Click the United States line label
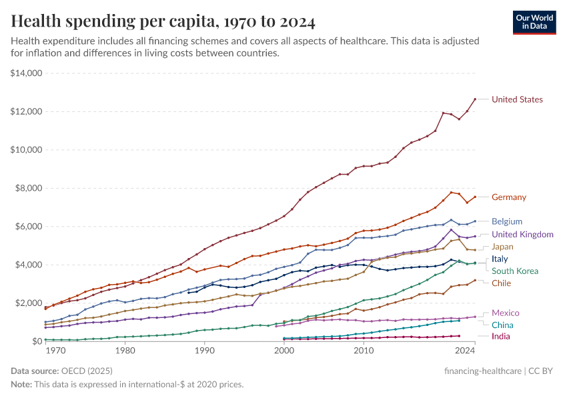[x=517, y=99]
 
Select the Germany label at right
[x=508, y=197]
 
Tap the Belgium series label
[x=506, y=221]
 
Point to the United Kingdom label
[x=522, y=235]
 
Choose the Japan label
[x=502, y=247]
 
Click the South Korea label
[x=514, y=271]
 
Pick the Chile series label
[x=502, y=283]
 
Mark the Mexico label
[x=505, y=313]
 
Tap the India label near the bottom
[x=501, y=337]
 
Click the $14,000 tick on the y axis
[x=27, y=73]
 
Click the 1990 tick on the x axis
[x=204, y=350]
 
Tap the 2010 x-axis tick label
[x=364, y=350]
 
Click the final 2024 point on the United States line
[x=475, y=99]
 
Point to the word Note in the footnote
[x=21, y=385]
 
